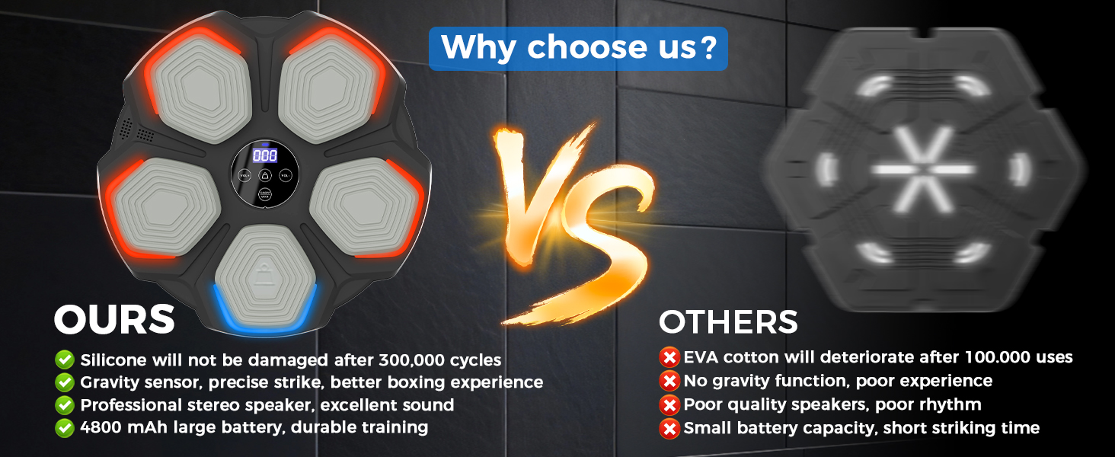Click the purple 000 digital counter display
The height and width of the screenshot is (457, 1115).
265,156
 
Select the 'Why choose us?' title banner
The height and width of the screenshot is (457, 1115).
578,48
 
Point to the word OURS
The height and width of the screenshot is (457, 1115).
114,319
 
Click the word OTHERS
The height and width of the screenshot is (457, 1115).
728,321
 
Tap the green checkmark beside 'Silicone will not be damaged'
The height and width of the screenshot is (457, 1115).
65,360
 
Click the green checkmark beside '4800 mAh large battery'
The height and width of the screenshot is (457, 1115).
65,427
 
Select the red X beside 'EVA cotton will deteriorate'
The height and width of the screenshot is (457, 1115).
669,357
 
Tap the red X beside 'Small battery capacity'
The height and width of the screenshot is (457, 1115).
669,428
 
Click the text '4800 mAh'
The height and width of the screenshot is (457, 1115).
123,427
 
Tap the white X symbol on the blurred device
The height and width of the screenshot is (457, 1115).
923,169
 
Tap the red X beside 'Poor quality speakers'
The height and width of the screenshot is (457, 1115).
669,404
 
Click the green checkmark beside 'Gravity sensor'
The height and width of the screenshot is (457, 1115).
65,382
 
